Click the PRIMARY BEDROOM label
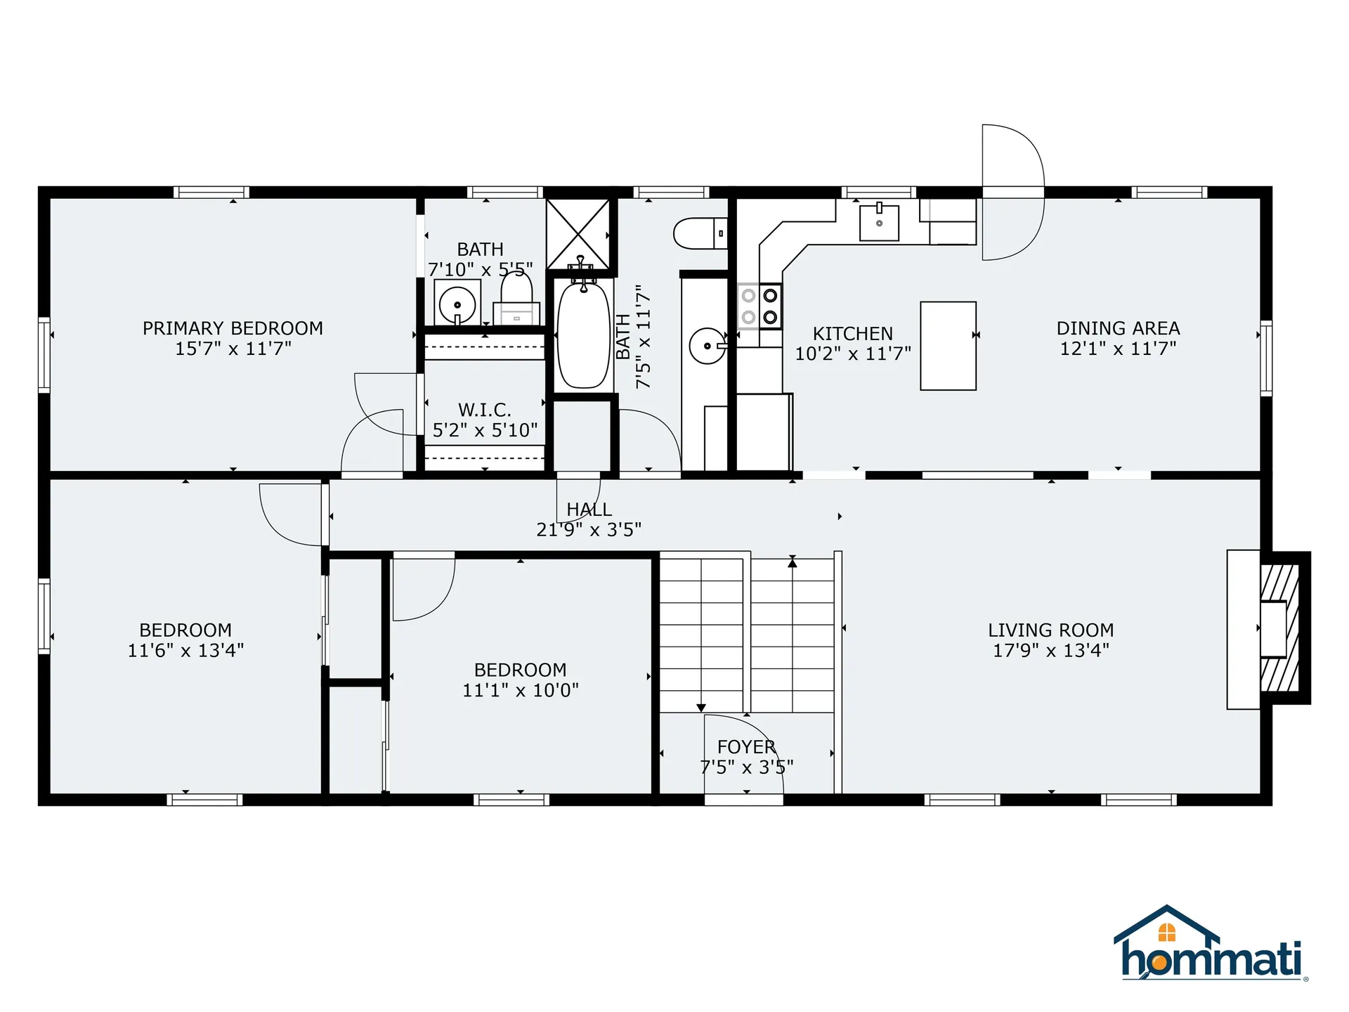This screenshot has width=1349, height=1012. coord(233,328)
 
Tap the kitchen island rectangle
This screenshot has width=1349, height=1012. coord(948,346)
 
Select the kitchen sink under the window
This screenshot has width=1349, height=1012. coord(879,223)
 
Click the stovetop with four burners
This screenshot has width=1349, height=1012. coord(760,306)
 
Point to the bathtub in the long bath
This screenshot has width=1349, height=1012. coord(583,335)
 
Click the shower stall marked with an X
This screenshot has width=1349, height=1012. coord(578,233)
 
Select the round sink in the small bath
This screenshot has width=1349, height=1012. coord(457,305)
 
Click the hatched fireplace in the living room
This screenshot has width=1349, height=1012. coord(1280,628)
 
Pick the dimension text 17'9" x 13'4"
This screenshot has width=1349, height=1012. coord(1050,651)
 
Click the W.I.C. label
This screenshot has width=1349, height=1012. coord(485,410)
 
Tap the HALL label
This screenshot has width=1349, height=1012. coord(589,510)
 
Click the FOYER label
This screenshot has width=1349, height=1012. coord(746,747)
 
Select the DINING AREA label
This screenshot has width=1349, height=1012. coord(1118,328)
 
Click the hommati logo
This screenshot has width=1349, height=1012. coord(1211,945)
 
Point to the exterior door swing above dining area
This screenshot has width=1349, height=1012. coord(1012,193)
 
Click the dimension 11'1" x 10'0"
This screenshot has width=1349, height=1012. coord(520,690)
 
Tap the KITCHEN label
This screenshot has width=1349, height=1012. coord(852,334)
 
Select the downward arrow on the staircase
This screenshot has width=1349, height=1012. coord(700,708)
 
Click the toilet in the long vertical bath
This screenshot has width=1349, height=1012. coord(700,233)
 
